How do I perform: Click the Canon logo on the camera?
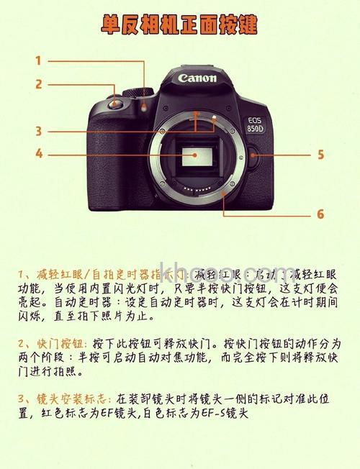[x=197, y=78]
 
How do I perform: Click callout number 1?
[x=38, y=61]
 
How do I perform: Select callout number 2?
[x=38, y=84]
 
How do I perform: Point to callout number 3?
[x=38, y=131]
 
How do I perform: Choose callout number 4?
[x=38, y=153]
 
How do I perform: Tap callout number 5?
[x=320, y=155]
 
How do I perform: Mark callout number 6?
[x=320, y=214]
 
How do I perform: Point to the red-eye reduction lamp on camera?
[x=145, y=106]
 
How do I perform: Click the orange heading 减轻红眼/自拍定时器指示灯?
[x=101, y=275]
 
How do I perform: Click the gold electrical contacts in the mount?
[x=196, y=189]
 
